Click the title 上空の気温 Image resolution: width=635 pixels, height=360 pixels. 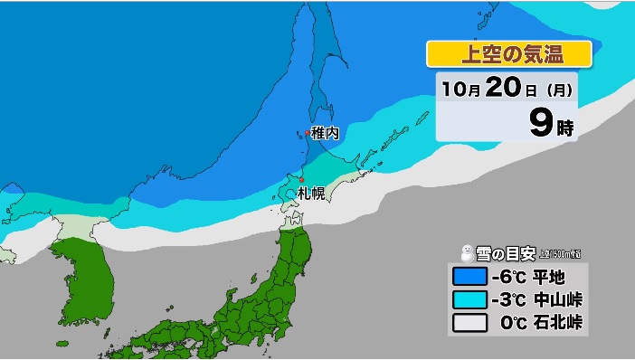tap(509, 54)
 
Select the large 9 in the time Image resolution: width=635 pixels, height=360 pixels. tap(541, 122)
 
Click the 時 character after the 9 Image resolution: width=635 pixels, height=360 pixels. tap(564, 127)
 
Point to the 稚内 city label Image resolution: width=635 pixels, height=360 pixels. tap(325, 133)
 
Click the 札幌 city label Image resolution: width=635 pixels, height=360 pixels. tap(310, 194)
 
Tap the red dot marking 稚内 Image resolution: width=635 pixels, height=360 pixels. tap(306, 134)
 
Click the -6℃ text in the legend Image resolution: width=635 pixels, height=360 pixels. tap(509, 276)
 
